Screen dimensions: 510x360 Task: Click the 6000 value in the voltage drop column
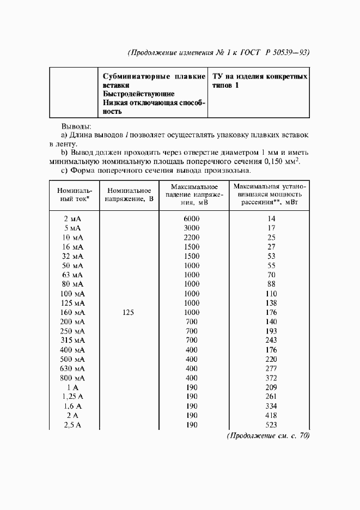191,218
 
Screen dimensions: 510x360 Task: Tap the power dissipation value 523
271,425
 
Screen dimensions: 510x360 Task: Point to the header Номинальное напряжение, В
129,195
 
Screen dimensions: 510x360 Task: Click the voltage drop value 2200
191,237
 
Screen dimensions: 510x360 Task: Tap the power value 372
271,378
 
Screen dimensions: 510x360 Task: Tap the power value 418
271,416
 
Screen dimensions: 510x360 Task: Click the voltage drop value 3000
191,228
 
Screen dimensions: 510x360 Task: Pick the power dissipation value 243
271,341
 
